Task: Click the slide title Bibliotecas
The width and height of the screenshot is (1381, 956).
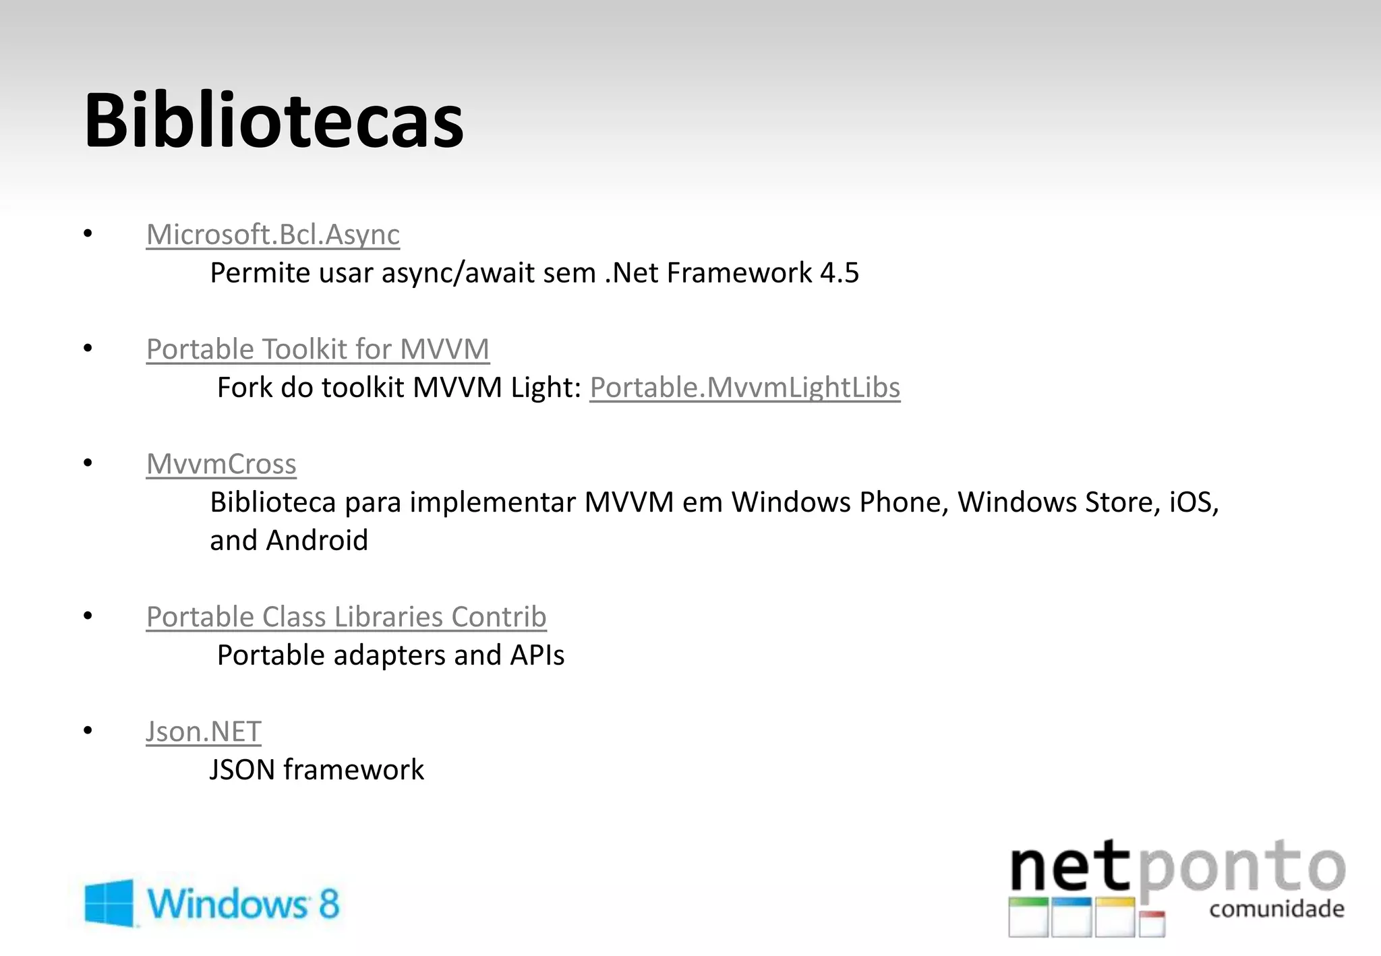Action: point(273,121)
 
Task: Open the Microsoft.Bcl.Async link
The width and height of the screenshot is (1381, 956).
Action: point(272,235)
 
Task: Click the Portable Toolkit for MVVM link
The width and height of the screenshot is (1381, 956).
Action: point(318,349)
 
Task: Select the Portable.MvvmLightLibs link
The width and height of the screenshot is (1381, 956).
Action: point(744,388)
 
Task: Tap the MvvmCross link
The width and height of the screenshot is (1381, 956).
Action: point(221,464)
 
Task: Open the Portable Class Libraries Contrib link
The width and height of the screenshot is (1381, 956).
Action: point(346,617)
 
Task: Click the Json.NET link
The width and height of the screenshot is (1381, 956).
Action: point(203,731)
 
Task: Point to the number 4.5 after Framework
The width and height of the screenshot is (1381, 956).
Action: point(840,273)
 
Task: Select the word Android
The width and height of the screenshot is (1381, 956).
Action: point(317,541)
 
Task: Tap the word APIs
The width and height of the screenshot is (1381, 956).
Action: point(537,655)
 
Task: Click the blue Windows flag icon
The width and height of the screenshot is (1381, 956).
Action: point(109,902)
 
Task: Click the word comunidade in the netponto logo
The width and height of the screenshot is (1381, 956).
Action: point(1276,909)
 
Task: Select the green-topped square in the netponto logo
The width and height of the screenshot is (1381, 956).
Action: point(1028,918)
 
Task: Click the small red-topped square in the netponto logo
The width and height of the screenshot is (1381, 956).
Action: point(1152,923)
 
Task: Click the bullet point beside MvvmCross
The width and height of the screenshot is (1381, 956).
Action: point(88,463)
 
